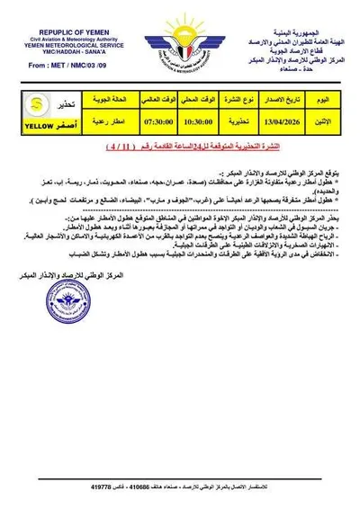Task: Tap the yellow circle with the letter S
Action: pos(33,101)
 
